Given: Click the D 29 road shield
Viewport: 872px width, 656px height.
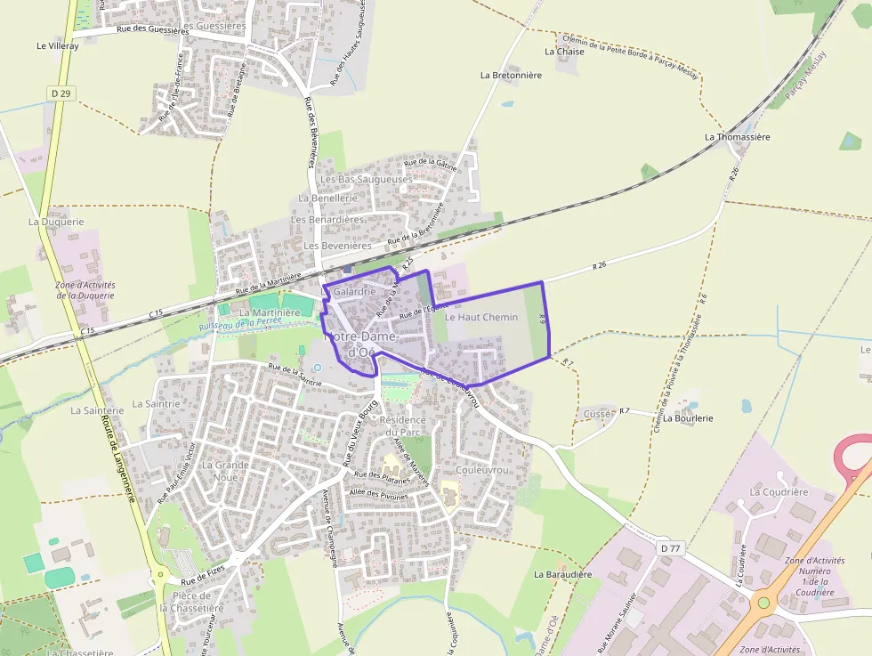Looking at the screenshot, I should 60,93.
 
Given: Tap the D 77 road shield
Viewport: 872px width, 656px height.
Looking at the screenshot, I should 670,548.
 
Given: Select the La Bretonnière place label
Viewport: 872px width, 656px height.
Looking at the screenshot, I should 511,76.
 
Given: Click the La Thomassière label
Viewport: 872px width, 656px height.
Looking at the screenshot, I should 737,137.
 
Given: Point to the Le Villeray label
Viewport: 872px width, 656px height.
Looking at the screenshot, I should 58,46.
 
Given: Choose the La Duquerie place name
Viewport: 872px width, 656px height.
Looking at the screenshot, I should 56,222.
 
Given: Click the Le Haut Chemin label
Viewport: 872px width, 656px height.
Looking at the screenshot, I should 480,317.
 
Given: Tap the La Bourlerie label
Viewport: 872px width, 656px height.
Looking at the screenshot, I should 688,417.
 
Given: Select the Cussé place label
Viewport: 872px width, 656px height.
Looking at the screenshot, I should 598,414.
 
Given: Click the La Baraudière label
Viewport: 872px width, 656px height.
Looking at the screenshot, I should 562,575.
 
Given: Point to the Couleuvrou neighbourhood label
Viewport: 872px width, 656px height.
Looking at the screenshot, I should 480,469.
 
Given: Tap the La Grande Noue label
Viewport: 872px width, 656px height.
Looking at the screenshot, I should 225,470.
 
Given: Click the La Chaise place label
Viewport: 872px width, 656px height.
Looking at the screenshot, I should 564,52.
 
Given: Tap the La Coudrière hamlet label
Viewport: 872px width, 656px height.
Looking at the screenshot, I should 779,491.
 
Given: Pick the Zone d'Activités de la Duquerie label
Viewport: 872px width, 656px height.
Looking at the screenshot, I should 85,290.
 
